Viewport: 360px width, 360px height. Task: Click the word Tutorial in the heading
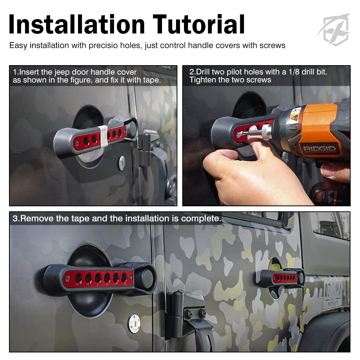pyautogui.click(x=199, y=24)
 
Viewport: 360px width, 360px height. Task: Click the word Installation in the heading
pyautogui.click(x=77, y=24)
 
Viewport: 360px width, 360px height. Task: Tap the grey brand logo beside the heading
pyautogui.click(x=334, y=30)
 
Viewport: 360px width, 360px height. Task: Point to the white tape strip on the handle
pyautogui.click(x=104, y=136)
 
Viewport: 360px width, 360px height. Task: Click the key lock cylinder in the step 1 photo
pyautogui.click(x=121, y=163)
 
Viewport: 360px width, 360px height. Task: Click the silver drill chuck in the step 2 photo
pyautogui.click(x=266, y=132)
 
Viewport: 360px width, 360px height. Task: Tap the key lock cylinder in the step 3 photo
pyautogui.click(x=134, y=324)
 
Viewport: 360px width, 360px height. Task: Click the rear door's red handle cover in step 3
pyautogui.click(x=285, y=278)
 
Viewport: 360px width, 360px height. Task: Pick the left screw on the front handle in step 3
pyautogui.click(x=68, y=279)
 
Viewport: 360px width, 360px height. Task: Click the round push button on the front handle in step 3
pyautogui.click(x=148, y=279)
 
